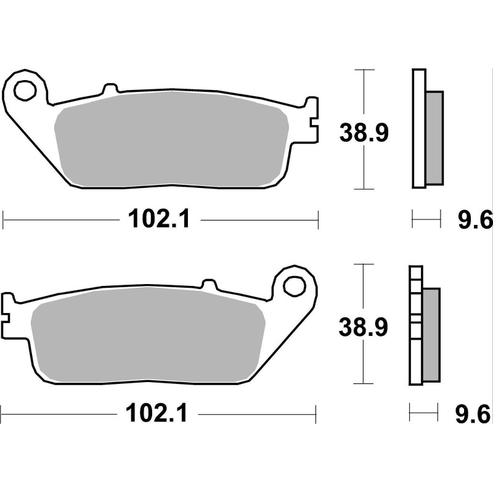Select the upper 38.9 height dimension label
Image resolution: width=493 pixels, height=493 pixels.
coord(364,133)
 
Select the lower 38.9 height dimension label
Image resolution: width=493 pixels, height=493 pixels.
coord(363,328)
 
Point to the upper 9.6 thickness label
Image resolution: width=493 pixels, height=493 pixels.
coord(474,219)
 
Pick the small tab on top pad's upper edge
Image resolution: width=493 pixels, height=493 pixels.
coord(110,90)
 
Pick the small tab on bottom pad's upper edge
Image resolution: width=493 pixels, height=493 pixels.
coord(210,284)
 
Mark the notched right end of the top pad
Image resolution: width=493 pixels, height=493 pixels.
coord(312,120)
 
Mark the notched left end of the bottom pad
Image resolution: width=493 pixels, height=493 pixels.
coord(9,315)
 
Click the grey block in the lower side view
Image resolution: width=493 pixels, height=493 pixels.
coord(431,334)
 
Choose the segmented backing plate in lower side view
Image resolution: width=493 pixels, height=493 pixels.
coord(415,327)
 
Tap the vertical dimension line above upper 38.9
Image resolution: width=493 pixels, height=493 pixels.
coord(366,92)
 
